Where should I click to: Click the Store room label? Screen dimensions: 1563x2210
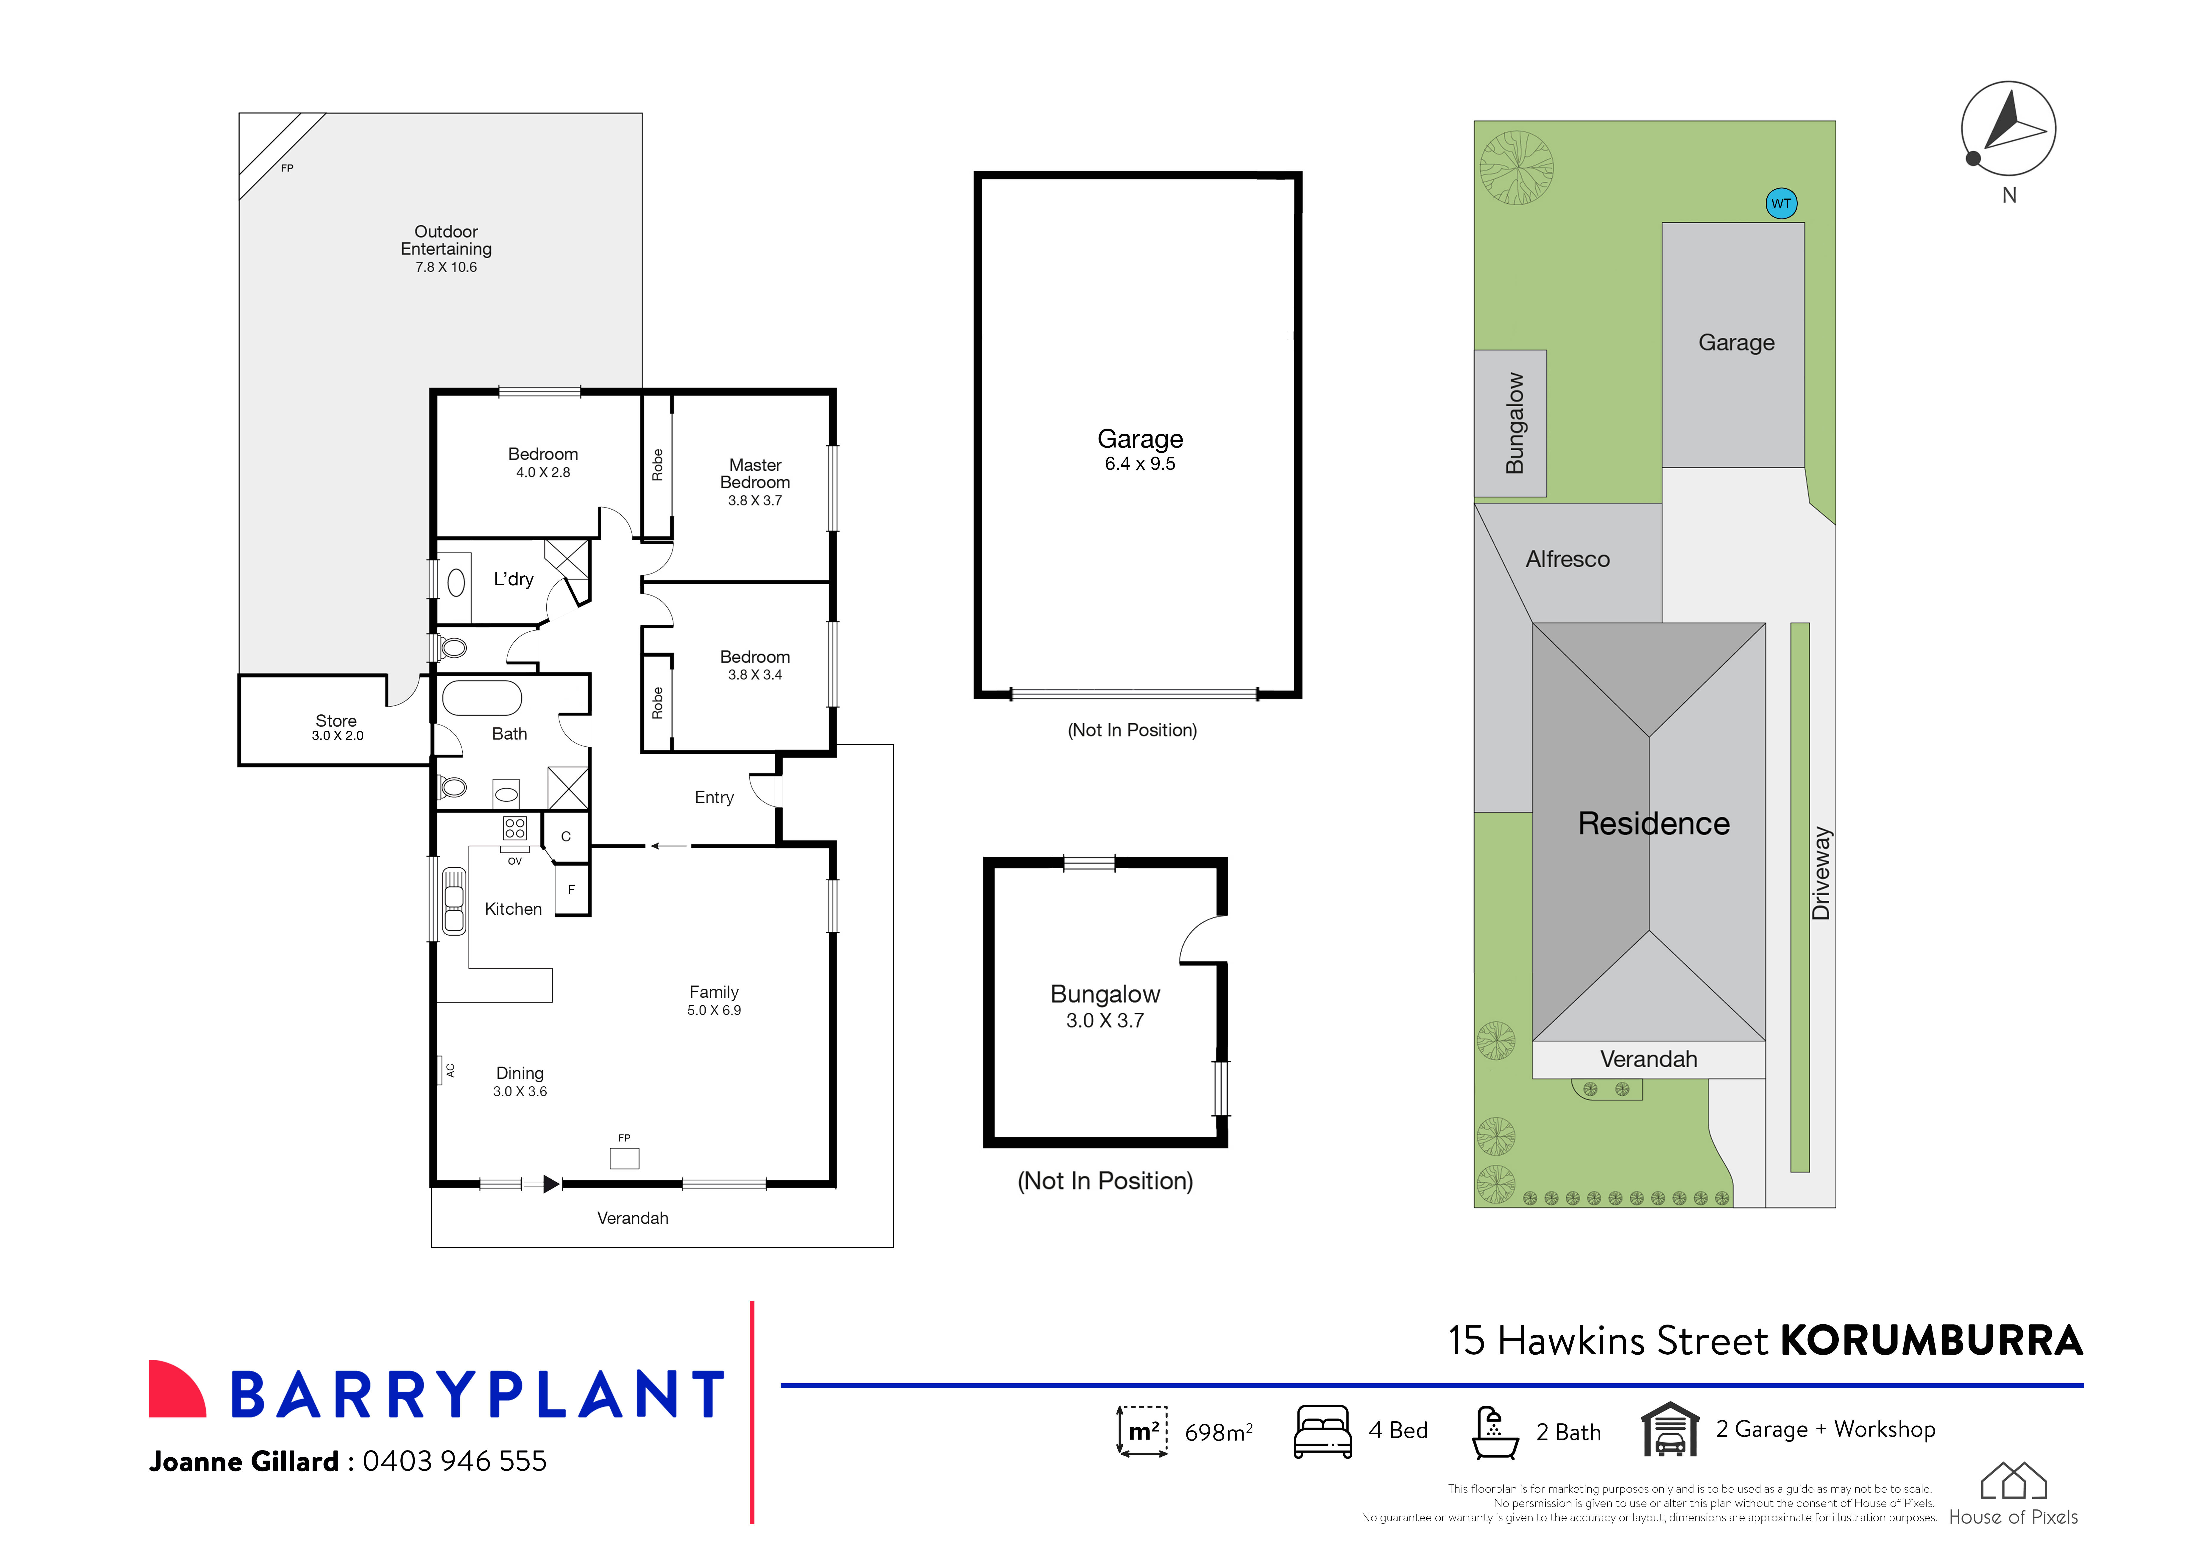pos(336,721)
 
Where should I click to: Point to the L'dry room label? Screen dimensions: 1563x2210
pos(513,579)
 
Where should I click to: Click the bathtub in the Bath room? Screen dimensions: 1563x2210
pos(481,698)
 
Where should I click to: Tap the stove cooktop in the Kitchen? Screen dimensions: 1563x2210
pos(515,828)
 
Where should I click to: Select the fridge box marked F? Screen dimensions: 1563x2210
pos(572,889)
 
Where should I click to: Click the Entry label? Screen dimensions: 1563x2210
pos(714,798)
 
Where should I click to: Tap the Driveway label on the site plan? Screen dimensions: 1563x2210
pos(1820,873)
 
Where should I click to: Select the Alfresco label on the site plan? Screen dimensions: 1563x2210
pos(1567,559)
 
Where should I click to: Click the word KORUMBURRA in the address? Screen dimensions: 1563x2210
pos(1931,1341)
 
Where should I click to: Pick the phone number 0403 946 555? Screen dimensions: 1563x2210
pos(454,1461)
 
